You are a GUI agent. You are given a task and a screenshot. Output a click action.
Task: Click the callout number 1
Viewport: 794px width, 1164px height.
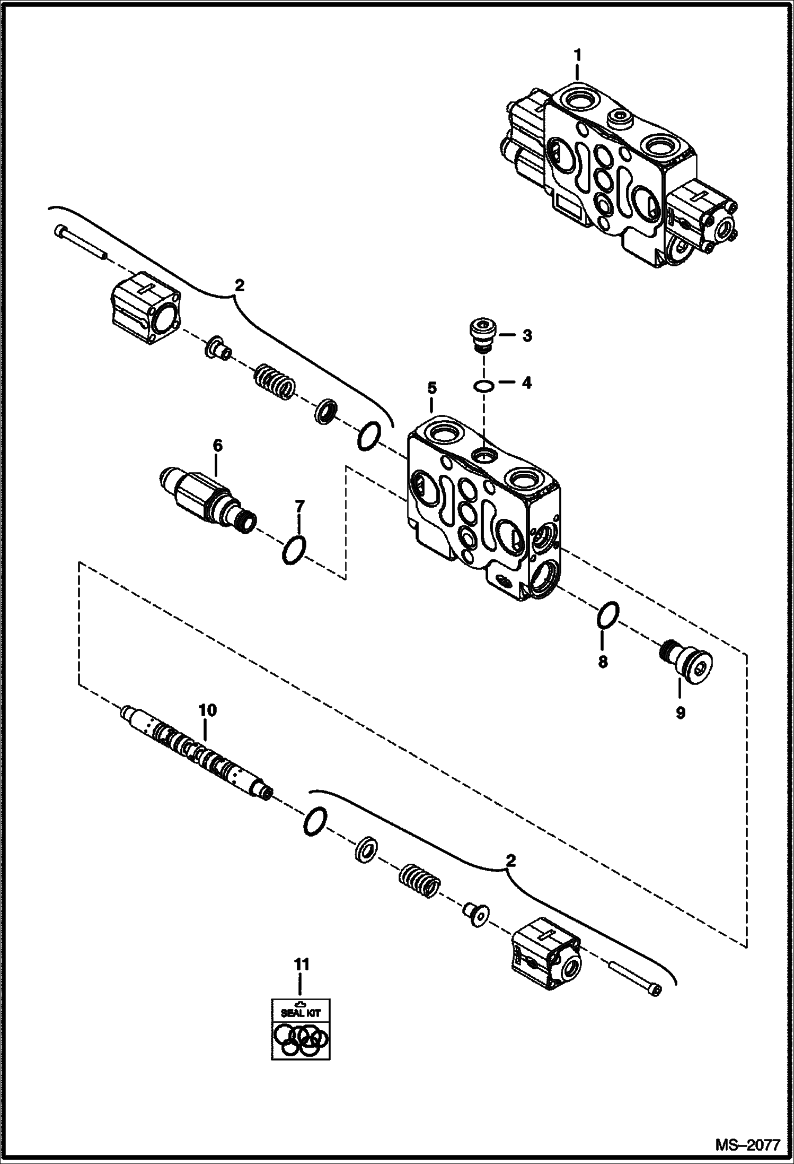[x=578, y=55]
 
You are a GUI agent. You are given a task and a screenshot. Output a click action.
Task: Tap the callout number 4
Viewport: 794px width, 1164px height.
[x=526, y=383]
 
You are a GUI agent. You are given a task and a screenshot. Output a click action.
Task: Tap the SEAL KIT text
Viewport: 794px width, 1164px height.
[x=301, y=1012]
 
